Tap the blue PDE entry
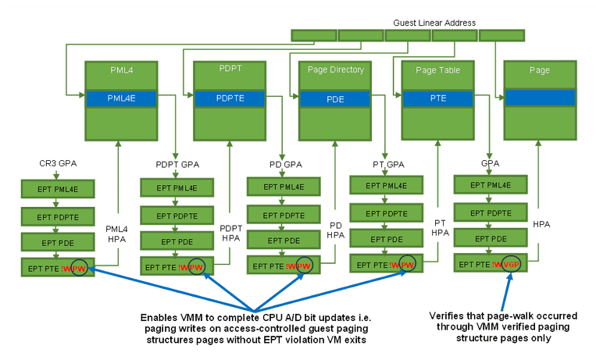[334, 99]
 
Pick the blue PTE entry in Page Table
[437, 99]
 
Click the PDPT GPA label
[178, 165]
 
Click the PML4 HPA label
[116, 234]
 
